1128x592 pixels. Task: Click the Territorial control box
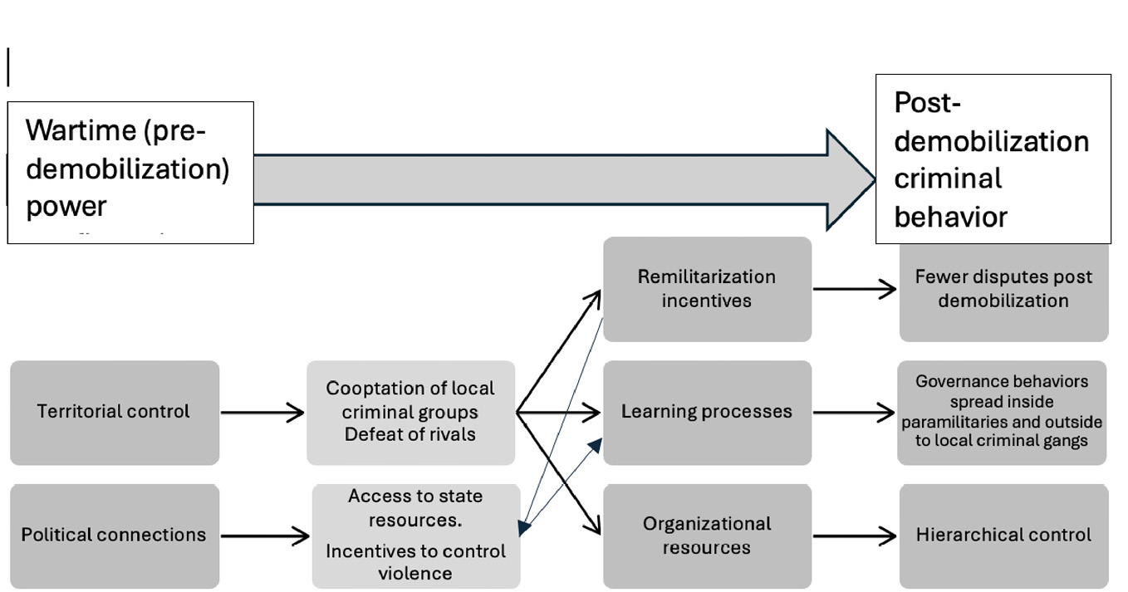coord(115,412)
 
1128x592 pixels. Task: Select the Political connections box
coord(115,535)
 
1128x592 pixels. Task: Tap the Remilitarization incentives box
coord(707,289)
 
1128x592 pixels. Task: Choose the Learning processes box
coord(707,412)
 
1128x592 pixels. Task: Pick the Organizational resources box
coord(707,536)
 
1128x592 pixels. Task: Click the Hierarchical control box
coord(1003,536)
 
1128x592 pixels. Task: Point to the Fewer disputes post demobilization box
coord(1003,289)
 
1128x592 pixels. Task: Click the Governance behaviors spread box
coord(1002,412)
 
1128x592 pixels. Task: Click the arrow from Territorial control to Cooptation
coord(262,412)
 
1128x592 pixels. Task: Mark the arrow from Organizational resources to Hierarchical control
coord(854,536)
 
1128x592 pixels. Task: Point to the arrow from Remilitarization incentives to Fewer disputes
coord(854,289)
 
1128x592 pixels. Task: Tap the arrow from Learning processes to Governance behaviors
coord(854,412)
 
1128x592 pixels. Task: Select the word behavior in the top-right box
coord(950,218)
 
